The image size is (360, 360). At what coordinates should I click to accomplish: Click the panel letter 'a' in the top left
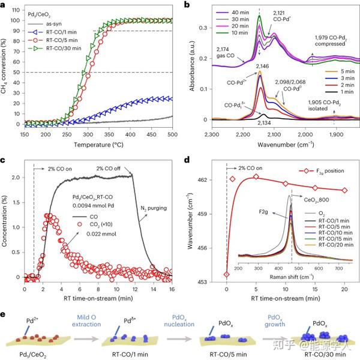click(x=4, y=5)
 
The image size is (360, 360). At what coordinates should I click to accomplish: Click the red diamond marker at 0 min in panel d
click(x=226, y=274)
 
